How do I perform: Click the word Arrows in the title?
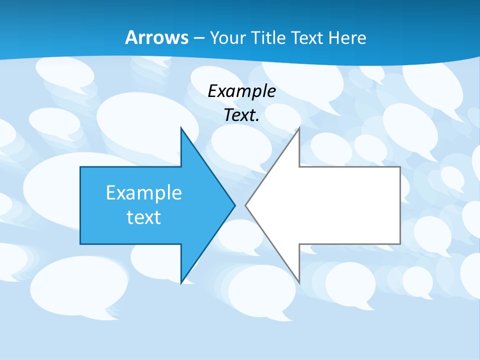point(156,37)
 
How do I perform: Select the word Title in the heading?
point(271,37)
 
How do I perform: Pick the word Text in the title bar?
point(308,37)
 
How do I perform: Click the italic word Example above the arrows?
point(241,91)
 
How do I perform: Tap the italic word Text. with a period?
point(241,115)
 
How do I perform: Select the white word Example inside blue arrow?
point(144,192)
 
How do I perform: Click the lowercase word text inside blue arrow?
point(144,217)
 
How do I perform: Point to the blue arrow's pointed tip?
point(235,205)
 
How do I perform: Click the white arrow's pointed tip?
point(245,205)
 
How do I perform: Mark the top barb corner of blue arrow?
point(181,128)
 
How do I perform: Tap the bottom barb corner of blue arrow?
point(181,283)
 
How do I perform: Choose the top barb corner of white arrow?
point(299,128)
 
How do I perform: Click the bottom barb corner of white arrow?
point(299,283)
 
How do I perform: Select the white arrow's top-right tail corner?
point(400,167)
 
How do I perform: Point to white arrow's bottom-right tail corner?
point(400,244)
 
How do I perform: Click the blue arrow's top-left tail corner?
point(80,167)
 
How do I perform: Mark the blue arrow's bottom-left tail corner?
point(80,244)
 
